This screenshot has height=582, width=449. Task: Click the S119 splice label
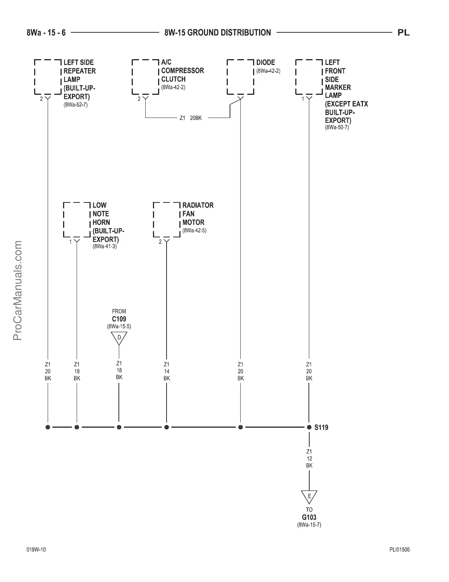[x=321, y=427]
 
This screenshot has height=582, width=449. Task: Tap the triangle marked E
[x=309, y=497]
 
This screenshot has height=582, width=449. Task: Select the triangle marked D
[x=119, y=338]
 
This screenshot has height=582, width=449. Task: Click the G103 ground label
[x=309, y=517]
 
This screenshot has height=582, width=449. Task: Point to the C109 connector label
[x=119, y=319]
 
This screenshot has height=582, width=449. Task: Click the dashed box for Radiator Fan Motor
[x=167, y=219]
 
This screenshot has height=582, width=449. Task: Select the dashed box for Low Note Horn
[x=77, y=219]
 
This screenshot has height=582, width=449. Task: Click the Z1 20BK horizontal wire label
[x=190, y=118]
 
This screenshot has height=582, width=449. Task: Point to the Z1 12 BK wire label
[x=309, y=459]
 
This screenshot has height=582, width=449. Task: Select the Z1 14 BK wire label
[x=167, y=371]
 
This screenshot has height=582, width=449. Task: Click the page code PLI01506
[x=399, y=550]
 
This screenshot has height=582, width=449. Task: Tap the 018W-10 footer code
[x=36, y=550]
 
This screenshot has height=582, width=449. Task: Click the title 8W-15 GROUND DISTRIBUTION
[x=218, y=33]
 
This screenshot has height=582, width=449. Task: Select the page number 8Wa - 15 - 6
[x=46, y=33]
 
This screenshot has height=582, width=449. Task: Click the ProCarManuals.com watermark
[x=18, y=291]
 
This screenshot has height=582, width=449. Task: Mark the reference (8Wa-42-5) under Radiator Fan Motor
[x=194, y=231]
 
